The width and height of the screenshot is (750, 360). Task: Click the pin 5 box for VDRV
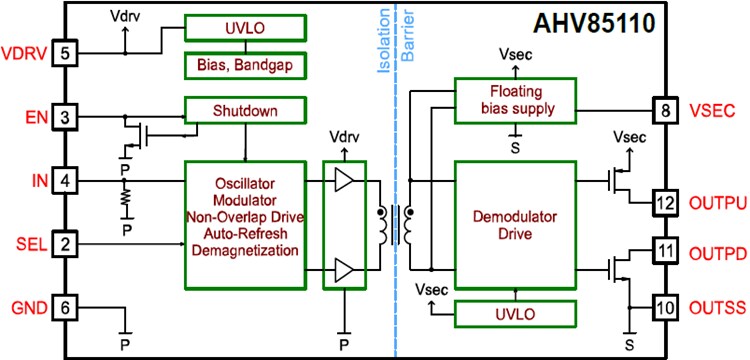pyautogui.click(x=65, y=52)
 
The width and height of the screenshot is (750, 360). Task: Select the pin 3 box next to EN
pyautogui.click(x=65, y=118)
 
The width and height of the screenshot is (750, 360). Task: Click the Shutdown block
pyautogui.click(x=245, y=109)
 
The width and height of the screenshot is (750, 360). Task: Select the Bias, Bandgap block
pyautogui.click(x=245, y=66)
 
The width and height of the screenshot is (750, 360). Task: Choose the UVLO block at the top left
pyautogui.click(x=245, y=27)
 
